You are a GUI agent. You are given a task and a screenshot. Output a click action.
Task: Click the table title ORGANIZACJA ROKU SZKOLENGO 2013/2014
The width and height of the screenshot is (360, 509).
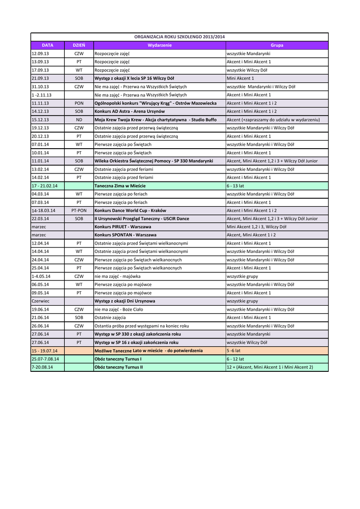pyautogui.click(x=180, y=37)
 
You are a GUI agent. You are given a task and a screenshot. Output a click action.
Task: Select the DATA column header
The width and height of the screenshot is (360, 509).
pyautogui.click(x=47, y=45)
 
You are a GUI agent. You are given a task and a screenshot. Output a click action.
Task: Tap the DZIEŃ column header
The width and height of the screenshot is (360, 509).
pyautogui.click(x=79, y=45)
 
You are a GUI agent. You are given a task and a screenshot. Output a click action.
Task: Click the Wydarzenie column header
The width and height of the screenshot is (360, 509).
pyautogui.click(x=160, y=45)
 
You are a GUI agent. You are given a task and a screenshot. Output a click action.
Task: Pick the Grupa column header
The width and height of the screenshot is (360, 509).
pyautogui.click(x=277, y=45)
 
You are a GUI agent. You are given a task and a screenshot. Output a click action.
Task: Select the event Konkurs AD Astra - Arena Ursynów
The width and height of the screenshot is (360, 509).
pyautogui.click(x=130, y=111)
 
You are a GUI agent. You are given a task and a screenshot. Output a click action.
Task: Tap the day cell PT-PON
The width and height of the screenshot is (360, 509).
pyautogui.click(x=79, y=210)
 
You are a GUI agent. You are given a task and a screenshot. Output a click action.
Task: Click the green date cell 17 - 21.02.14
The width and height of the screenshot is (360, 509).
pyautogui.click(x=44, y=185)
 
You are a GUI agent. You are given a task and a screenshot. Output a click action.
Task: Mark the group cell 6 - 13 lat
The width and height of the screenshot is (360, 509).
pyautogui.click(x=236, y=185)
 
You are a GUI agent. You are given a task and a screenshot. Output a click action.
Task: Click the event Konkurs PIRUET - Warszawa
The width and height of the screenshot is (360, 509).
pyautogui.click(x=123, y=227)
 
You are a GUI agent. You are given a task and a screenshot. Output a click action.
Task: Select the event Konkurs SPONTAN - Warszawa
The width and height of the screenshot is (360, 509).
pyautogui.click(x=125, y=235)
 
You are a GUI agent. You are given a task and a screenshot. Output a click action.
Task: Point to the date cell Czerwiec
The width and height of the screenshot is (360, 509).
pyautogui.click(x=40, y=301)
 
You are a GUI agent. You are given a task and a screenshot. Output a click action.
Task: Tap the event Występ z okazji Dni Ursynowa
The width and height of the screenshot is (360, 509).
pyautogui.click(x=125, y=301)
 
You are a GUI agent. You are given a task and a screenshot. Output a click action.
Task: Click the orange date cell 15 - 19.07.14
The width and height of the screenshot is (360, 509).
pyautogui.click(x=44, y=350)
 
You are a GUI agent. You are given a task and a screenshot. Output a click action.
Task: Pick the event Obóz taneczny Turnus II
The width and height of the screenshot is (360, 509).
pyautogui.click(x=118, y=367)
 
